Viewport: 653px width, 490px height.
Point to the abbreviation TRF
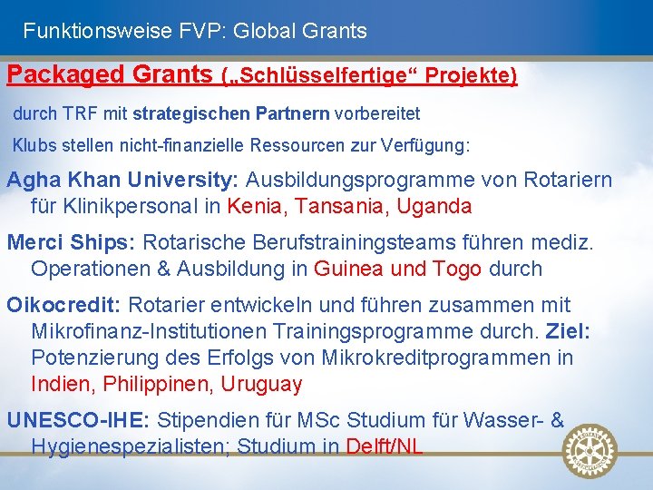76,115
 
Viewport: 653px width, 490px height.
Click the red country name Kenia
256,206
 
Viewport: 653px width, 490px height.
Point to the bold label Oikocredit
64,305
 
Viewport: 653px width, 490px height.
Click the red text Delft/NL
385,446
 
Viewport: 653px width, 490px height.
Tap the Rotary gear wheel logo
590,451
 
